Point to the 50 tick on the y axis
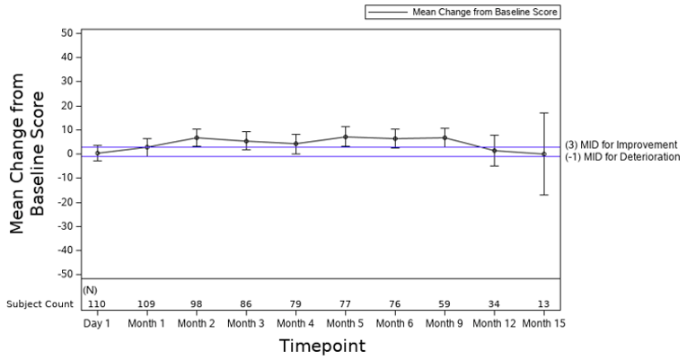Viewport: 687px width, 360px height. pyautogui.click(x=66, y=33)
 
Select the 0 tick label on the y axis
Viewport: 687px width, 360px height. pyautogui.click(x=69, y=154)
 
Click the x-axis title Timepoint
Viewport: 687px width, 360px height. pyautogui.click(x=321, y=346)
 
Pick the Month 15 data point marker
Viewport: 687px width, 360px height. pyautogui.click(x=543, y=154)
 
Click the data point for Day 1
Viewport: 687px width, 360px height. pyautogui.click(x=97, y=153)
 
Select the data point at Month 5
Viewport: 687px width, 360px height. pyautogui.click(x=346, y=136)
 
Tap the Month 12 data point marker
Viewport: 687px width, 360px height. pyautogui.click(x=494, y=150)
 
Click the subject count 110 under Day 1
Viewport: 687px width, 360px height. pyautogui.click(x=97, y=304)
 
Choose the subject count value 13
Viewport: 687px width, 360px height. pyautogui.click(x=543, y=304)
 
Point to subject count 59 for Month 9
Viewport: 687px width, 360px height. pyautogui.click(x=445, y=304)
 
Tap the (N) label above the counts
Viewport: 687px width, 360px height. pyautogui.click(x=90, y=291)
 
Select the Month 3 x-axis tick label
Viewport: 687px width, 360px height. pyautogui.click(x=246, y=321)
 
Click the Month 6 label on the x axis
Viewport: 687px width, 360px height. pyautogui.click(x=395, y=321)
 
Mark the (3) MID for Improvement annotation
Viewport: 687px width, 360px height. pyautogui.click(x=621, y=145)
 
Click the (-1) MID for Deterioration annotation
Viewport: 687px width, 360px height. pyautogui.click(x=622, y=157)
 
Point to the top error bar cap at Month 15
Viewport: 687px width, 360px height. pyautogui.click(x=543, y=113)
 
